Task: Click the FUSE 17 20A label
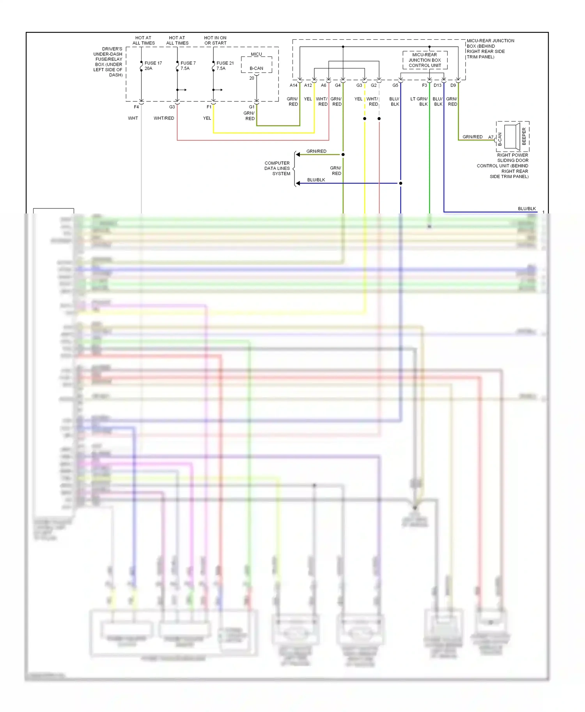click(x=152, y=66)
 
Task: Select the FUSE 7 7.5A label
click(x=188, y=66)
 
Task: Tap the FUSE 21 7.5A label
click(x=225, y=66)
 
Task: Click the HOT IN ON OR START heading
click(x=215, y=41)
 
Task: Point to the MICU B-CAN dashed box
click(x=256, y=65)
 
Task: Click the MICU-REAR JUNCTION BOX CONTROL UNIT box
click(x=425, y=60)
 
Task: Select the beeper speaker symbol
click(x=512, y=137)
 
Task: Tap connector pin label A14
click(x=293, y=85)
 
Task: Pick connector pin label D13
click(x=438, y=85)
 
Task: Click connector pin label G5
click(x=395, y=85)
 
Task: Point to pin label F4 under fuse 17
click(x=136, y=107)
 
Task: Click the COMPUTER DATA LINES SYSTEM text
click(x=277, y=168)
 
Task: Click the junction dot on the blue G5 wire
click(x=401, y=183)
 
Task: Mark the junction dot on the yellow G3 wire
click(x=365, y=118)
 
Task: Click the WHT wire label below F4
click(x=133, y=118)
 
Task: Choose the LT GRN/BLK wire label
click(x=419, y=102)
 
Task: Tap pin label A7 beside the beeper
click(x=491, y=137)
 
